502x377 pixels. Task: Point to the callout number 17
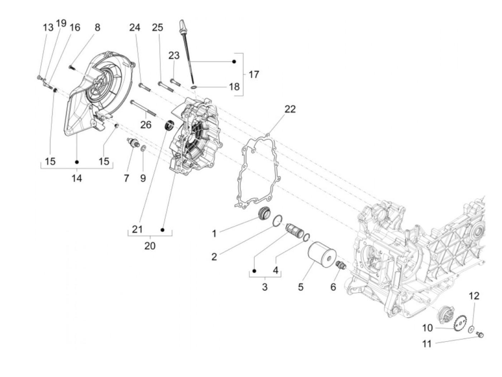[x=254, y=75]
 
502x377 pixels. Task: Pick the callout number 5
[x=300, y=287]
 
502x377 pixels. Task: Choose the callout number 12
[x=474, y=296]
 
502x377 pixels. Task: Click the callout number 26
[x=146, y=124]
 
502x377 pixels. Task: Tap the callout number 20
[x=150, y=246]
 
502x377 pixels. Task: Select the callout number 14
[x=76, y=178]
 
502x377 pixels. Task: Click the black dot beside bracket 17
[x=234, y=62]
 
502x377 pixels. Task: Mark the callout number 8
[x=97, y=28]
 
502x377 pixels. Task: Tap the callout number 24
[x=135, y=27]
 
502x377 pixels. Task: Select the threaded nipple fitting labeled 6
[x=340, y=266]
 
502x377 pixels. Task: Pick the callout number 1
[x=214, y=234]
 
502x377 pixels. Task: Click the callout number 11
[x=426, y=344]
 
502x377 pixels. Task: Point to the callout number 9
[x=143, y=178]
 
